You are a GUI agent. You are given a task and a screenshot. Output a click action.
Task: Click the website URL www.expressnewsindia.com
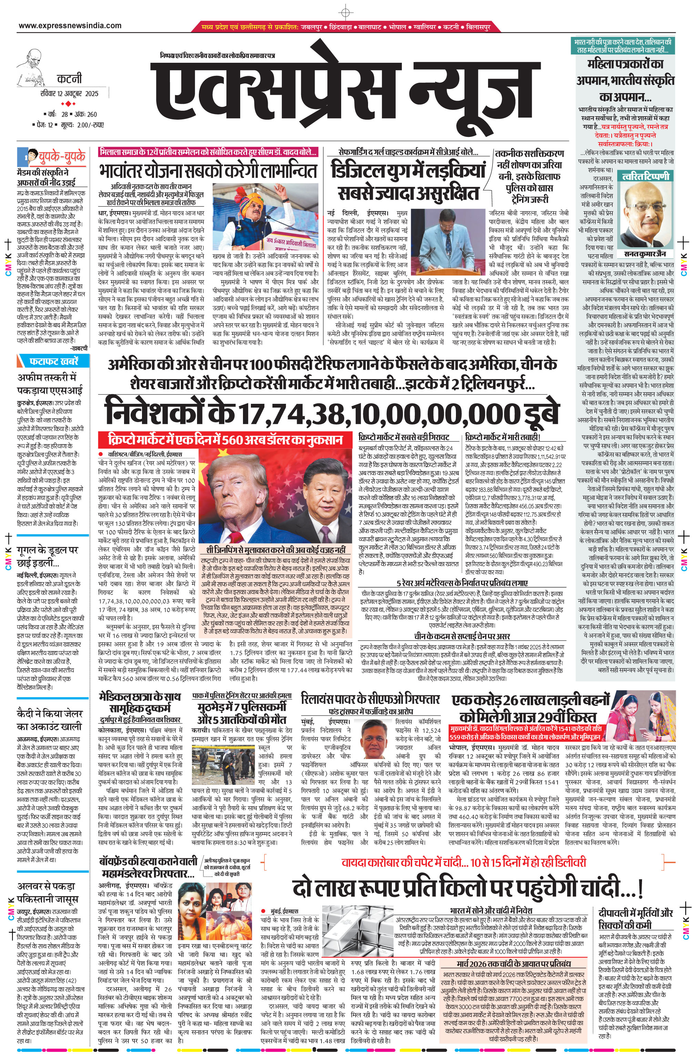pyautogui.click(x=70, y=26)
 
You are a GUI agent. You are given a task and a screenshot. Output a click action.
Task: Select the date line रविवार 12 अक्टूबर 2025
pyautogui.click(x=69, y=93)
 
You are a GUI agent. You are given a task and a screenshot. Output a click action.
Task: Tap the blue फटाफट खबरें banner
pyautogui.click(x=53, y=360)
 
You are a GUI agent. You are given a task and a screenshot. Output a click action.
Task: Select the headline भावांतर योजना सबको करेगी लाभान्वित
pyautogui.click(x=208, y=171)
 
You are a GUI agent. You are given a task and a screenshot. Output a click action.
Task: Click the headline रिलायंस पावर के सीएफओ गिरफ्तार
pyautogui.click(x=370, y=699)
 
